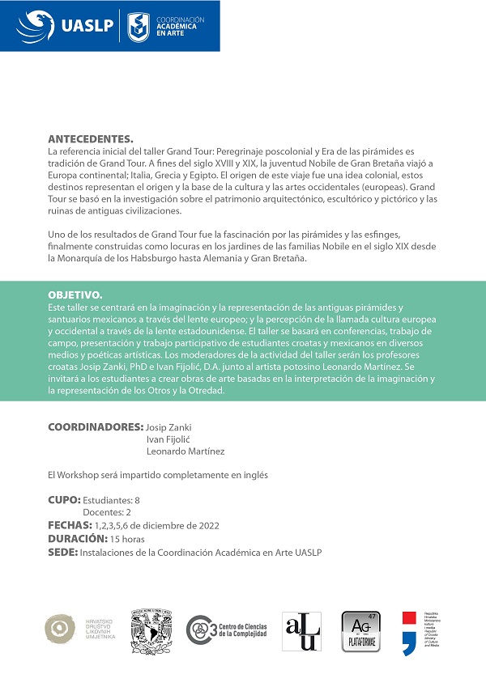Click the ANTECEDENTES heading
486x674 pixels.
point(91,138)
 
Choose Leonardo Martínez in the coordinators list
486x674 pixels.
point(185,451)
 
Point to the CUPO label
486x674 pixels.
point(64,500)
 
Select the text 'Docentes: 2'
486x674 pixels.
point(108,512)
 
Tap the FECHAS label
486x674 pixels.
point(70,525)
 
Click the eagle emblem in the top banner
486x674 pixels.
point(35,26)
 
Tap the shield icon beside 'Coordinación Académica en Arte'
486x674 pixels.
point(139,26)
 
